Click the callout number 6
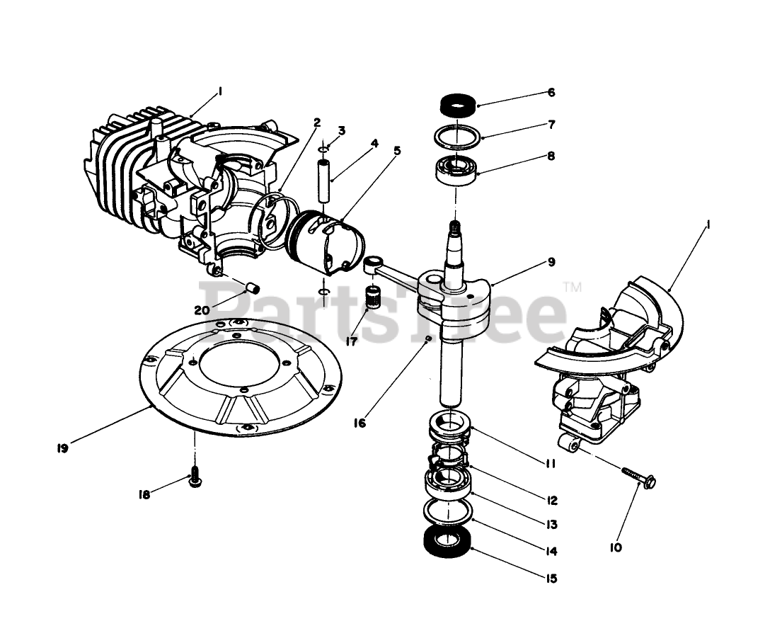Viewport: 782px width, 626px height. [x=551, y=93]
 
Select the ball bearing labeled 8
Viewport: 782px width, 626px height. [x=456, y=171]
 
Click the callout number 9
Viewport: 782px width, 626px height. [x=551, y=261]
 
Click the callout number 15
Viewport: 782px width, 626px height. [x=551, y=579]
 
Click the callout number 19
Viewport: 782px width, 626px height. [x=62, y=448]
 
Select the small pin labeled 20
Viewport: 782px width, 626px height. [x=253, y=288]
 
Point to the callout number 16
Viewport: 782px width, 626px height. [x=360, y=423]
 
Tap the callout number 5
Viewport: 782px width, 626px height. [x=397, y=150]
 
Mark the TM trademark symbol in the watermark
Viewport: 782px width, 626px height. [x=573, y=287]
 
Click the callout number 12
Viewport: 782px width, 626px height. [x=551, y=500]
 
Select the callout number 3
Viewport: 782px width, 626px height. [x=342, y=130]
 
